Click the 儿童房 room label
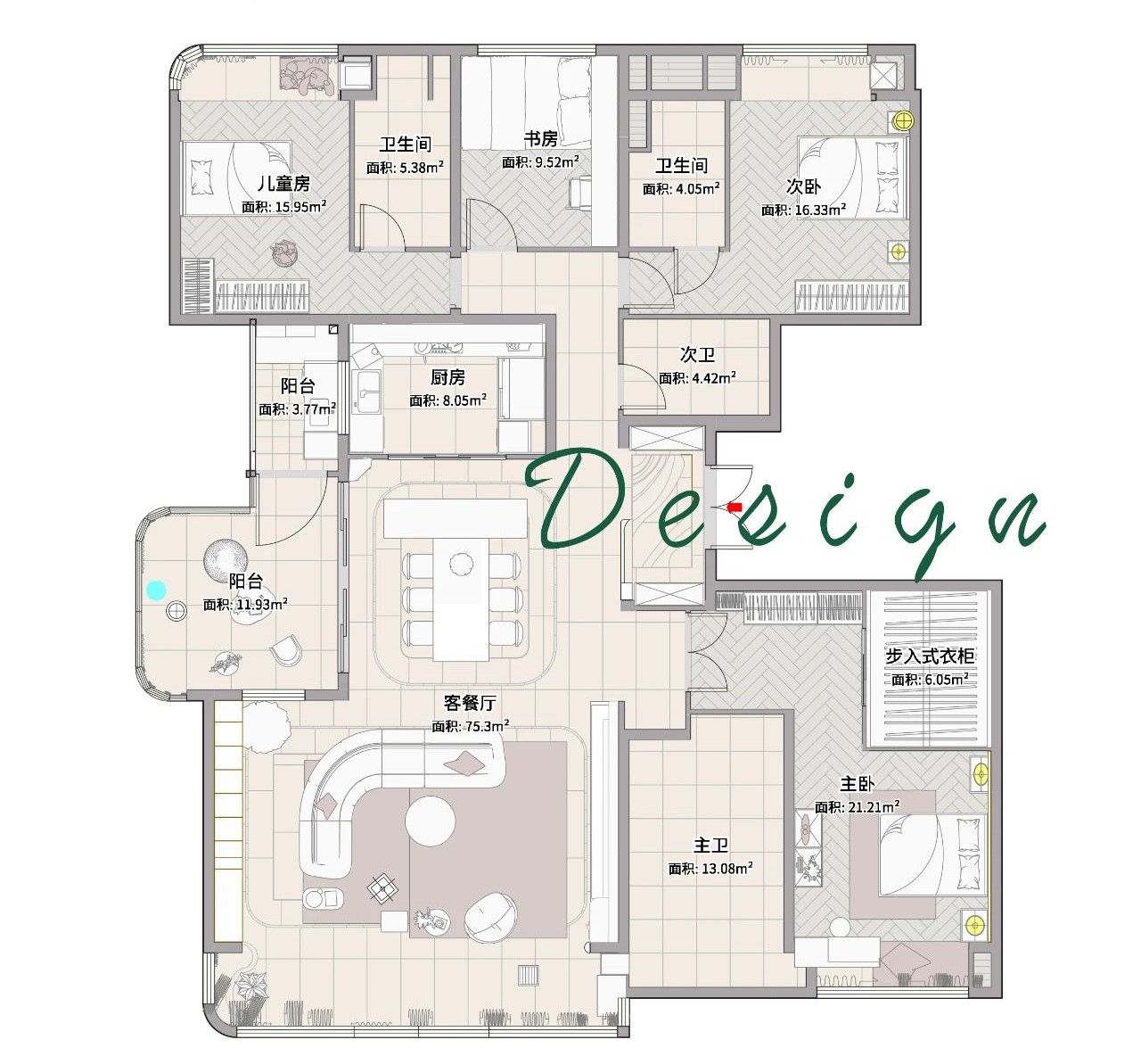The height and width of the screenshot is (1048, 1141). [283, 184]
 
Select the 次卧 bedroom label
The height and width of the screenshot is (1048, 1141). [803, 186]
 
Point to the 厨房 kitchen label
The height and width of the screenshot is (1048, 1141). [447, 377]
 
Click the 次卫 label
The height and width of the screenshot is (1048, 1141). [697, 355]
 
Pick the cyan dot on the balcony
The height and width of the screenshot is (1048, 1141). [156, 590]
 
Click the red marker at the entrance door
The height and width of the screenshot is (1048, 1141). [735, 507]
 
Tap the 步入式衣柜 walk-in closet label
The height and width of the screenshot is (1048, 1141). [930, 656]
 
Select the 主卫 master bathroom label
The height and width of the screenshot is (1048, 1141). [710, 846]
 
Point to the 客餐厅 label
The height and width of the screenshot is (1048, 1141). [469, 703]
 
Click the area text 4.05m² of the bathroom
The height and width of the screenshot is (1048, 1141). [698, 188]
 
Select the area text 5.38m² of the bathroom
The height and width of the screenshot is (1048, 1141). [422, 168]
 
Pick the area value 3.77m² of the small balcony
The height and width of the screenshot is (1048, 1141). [314, 409]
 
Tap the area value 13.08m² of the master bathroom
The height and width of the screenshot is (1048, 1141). [726, 869]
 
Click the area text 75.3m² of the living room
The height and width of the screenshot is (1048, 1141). [487, 726]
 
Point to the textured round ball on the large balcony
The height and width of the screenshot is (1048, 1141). [226, 560]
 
